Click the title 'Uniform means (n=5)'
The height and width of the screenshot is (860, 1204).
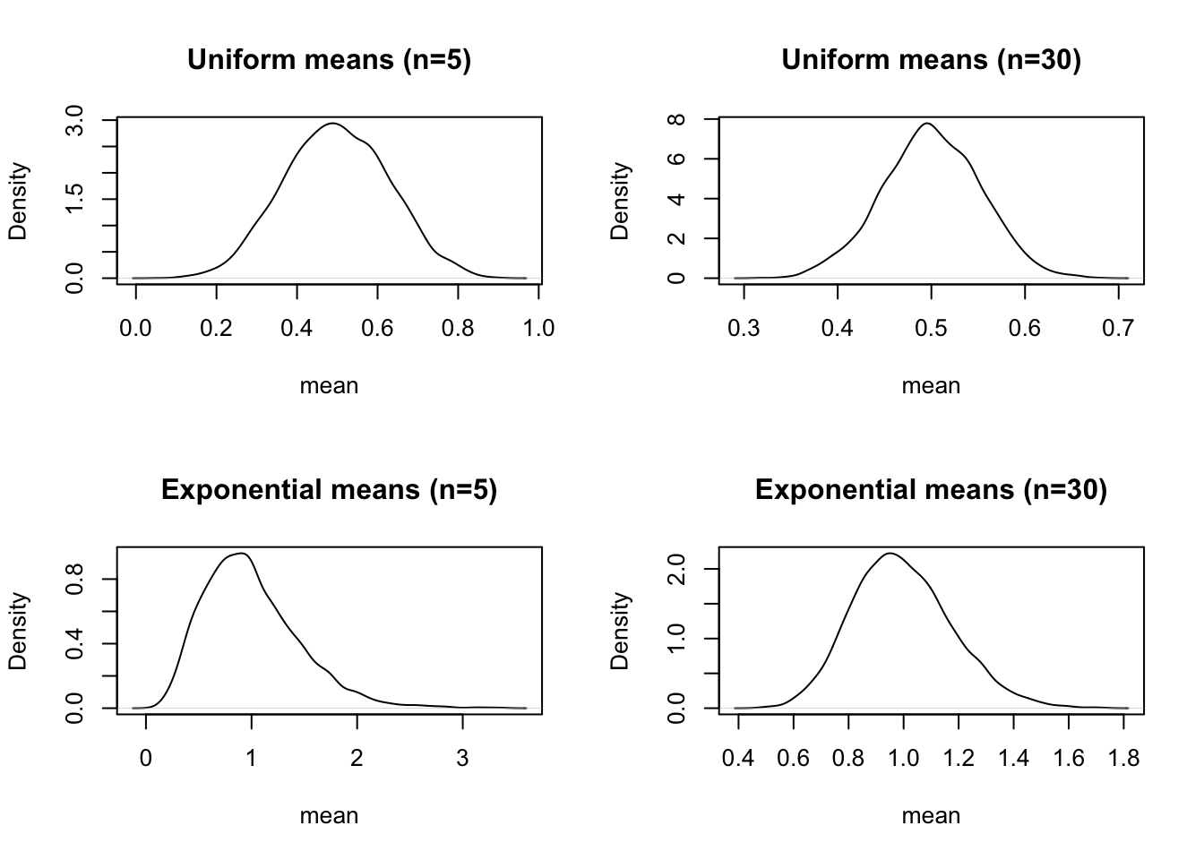(329, 60)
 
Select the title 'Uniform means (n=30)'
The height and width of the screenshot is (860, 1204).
(931, 60)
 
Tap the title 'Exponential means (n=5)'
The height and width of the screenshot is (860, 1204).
(329, 490)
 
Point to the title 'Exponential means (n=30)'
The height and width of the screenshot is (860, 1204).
(931, 490)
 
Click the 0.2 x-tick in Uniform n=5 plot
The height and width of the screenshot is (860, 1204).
(216, 329)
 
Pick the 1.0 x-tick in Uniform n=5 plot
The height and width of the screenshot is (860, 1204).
(537, 329)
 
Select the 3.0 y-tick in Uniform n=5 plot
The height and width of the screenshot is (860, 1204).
(75, 120)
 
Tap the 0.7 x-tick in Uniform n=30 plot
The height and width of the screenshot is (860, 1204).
(1119, 329)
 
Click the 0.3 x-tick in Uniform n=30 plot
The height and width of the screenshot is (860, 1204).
(744, 329)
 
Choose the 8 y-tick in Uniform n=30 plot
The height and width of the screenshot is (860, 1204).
(677, 119)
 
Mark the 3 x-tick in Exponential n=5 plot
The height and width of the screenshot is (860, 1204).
(462, 759)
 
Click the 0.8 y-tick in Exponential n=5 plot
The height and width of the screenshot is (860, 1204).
(75, 579)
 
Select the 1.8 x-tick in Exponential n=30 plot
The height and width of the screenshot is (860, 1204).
(1124, 759)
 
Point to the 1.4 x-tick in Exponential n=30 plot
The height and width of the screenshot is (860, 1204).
(1013, 759)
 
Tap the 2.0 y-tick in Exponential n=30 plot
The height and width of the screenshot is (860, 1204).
(677, 569)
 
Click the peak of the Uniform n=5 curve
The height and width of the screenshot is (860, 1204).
(332, 124)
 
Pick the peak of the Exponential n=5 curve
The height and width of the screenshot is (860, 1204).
(242, 554)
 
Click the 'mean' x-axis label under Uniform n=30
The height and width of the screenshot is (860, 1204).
(931, 386)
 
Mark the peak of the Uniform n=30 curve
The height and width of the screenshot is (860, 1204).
(927, 124)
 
